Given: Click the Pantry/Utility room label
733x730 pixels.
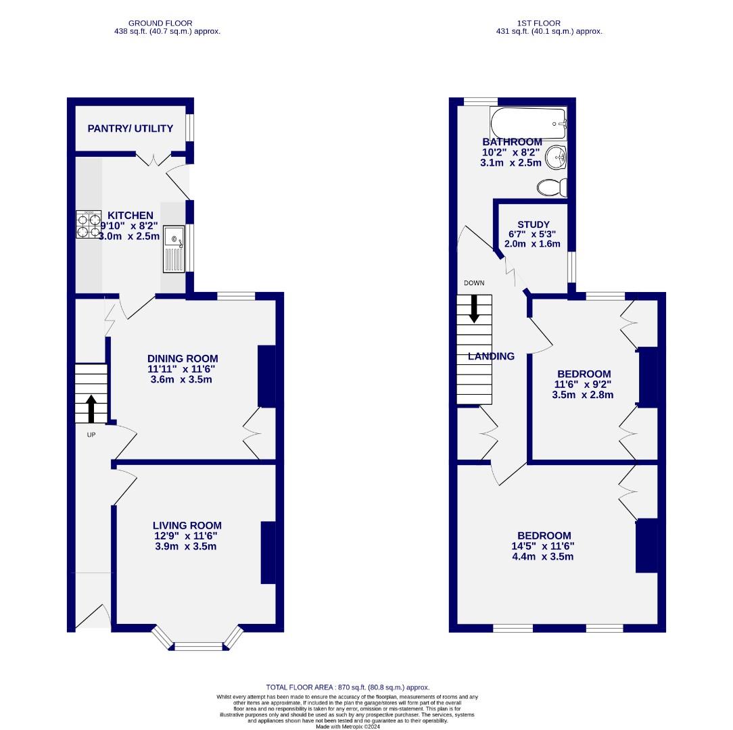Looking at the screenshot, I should [x=130, y=128].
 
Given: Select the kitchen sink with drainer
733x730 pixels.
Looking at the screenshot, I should [x=174, y=249].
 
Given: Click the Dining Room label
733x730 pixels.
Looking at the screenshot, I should [x=183, y=359].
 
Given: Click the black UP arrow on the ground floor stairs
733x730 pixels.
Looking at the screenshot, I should [x=91, y=408].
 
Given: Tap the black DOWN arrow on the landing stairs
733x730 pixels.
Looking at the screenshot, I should [x=474, y=308].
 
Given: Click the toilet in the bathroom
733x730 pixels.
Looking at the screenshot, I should [x=553, y=187].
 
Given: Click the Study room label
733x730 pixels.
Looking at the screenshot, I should [x=533, y=224].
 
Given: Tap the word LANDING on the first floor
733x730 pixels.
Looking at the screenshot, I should [x=491, y=356].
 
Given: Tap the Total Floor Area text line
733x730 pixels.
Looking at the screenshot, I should [x=348, y=687].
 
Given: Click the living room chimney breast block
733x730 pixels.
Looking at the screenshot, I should [x=268, y=552].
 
